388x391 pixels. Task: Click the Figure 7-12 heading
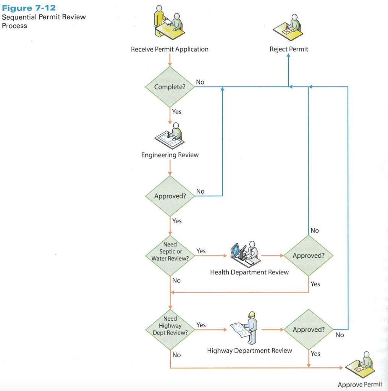(29, 8)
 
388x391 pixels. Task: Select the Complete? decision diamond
(170, 87)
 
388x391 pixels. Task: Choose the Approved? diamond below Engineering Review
(170, 196)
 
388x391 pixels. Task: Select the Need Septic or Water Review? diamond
(170, 252)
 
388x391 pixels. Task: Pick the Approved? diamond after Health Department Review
(308, 255)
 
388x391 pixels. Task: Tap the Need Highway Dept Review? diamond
(170, 326)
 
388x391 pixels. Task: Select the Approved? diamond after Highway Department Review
(308, 330)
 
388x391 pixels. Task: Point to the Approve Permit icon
(361, 365)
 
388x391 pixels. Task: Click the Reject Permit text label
(289, 49)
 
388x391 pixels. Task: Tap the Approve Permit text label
(360, 385)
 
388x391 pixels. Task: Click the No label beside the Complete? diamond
(200, 82)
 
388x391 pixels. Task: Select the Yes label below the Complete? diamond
(177, 111)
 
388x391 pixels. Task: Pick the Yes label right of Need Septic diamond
(201, 251)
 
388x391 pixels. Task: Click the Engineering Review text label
(170, 155)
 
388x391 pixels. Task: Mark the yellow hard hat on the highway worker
(251, 315)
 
